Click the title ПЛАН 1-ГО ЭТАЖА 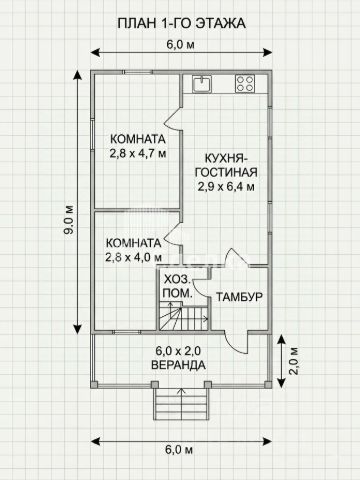(182, 23)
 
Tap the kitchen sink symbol (202, 84)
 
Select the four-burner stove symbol (245, 84)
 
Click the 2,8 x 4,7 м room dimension (138, 154)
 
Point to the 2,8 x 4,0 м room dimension (134, 257)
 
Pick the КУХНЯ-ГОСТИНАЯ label (226, 165)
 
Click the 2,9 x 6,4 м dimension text (226, 187)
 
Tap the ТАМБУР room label (240, 297)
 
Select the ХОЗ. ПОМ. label (177, 286)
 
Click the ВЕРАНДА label (178, 365)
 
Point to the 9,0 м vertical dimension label (69, 220)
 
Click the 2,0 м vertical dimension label (294, 361)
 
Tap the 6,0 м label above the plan (180, 45)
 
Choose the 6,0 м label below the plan (179, 450)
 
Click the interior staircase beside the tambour (184, 316)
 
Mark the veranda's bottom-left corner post (94, 385)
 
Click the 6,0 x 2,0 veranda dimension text (178, 351)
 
